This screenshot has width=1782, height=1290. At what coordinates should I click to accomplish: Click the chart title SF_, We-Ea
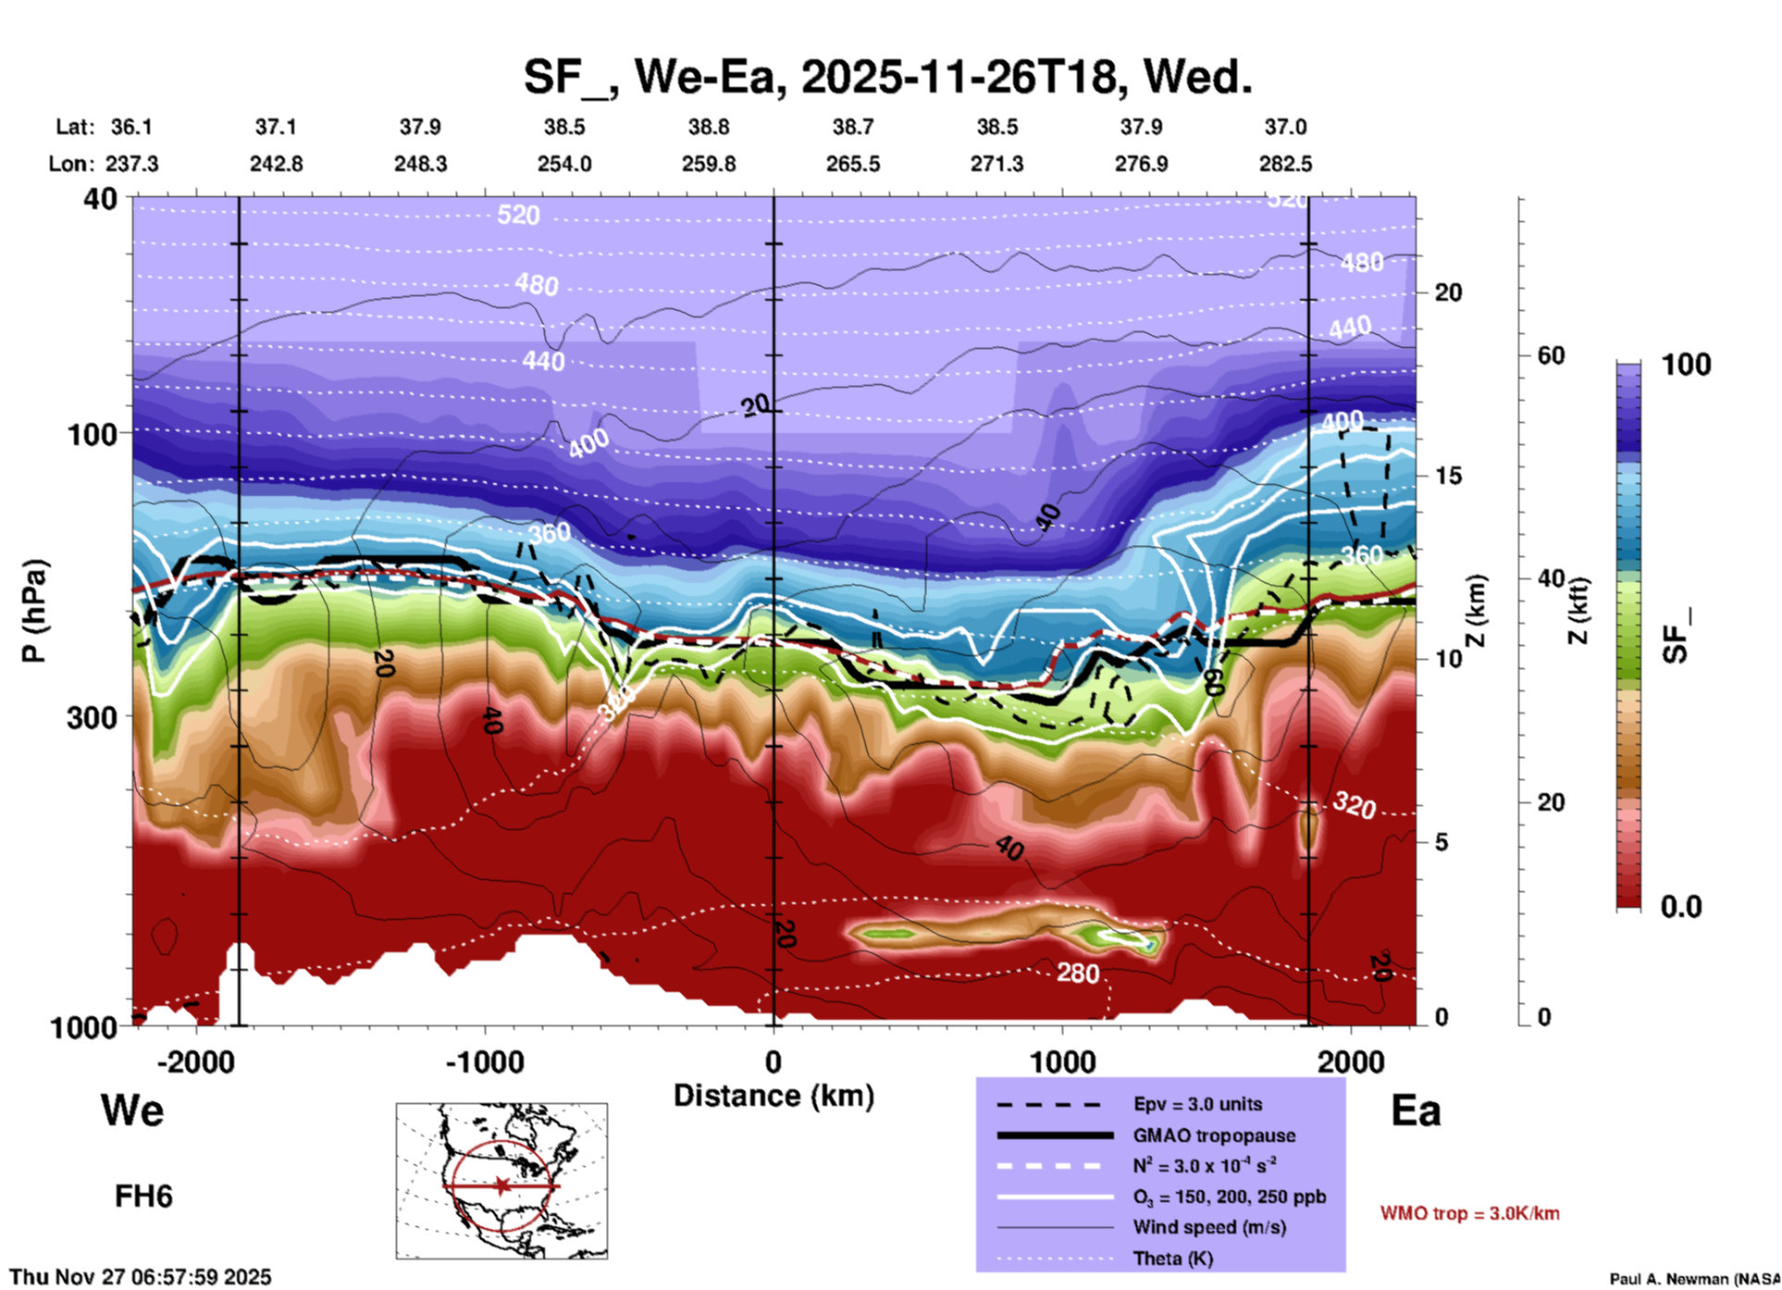(x=887, y=77)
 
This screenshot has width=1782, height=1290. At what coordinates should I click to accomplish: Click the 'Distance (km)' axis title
(x=773, y=1096)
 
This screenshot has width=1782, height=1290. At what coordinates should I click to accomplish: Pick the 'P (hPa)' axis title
(x=34, y=611)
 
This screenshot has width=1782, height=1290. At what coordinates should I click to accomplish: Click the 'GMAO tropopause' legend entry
(x=1214, y=1135)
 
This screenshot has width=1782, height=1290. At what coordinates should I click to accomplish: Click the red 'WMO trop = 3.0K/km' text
(x=1469, y=1213)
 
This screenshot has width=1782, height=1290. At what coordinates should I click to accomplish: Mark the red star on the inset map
(x=501, y=1185)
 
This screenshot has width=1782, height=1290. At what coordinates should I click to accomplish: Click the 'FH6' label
(x=143, y=1197)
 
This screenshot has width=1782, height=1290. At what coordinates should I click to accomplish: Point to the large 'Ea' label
(x=1416, y=1111)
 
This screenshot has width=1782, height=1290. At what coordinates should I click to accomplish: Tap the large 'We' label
(x=132, y=1110)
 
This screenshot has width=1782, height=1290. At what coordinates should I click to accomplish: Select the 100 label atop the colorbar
(x=1686, y=365)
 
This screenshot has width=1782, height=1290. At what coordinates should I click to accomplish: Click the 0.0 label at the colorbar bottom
(x=1680, y=907)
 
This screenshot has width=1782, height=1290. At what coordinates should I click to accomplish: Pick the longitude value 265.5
(x=853, y=164)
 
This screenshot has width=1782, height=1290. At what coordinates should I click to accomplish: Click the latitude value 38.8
(x=709, y=127)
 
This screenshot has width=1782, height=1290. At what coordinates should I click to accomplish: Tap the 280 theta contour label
(x=1078, y=973)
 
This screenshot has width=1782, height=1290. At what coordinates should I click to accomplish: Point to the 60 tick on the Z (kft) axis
(x=1551, y=355)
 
